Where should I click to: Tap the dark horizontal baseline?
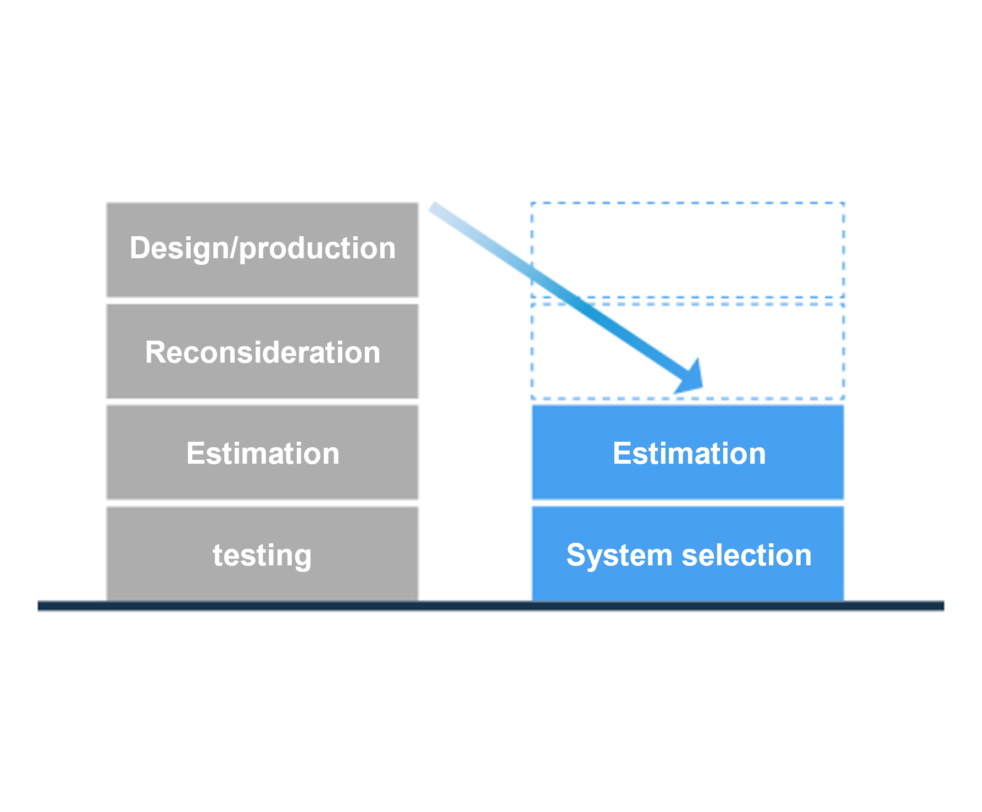point(490,605)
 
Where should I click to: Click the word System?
point(619,555)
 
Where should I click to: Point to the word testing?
point(262,555)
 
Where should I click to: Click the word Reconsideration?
point(263,352)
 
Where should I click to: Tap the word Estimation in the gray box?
point(263,453)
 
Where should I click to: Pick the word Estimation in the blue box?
point(689,453)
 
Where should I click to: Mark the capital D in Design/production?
point(140,248)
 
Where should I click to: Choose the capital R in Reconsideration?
point(155,352)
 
